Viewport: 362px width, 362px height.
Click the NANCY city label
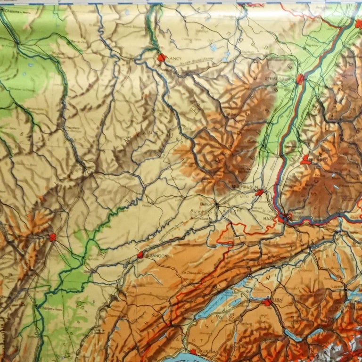[174, 59]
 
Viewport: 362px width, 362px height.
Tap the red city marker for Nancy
[162, 58]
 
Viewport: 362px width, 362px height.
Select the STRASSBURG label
[278, 79]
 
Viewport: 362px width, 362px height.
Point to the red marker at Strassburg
[300, 79]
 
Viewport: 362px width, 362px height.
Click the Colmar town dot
[263, 145]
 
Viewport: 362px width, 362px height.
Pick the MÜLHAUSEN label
[242, 187]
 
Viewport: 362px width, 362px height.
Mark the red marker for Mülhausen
[259, 192]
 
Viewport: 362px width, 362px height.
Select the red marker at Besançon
[140, 255]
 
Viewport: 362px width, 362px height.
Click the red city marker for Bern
[268, 303]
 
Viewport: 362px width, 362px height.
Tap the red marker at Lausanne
[193, 352]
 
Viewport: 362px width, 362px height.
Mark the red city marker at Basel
[282, 218]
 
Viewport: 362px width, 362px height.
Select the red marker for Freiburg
[306, 160]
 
